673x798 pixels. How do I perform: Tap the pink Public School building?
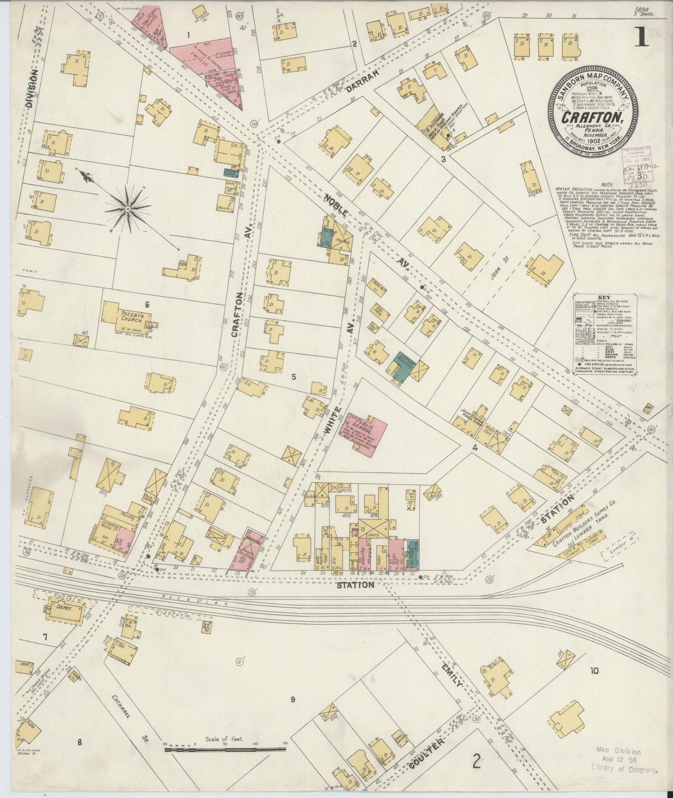click(367, 433)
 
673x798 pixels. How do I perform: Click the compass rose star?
click(128, 207)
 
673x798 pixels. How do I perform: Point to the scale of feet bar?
click(225, 750)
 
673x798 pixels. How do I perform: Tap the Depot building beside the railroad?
click(63, 610)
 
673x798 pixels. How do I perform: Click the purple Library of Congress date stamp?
click(636, 161)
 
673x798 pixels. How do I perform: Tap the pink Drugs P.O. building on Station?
click(396, 554)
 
